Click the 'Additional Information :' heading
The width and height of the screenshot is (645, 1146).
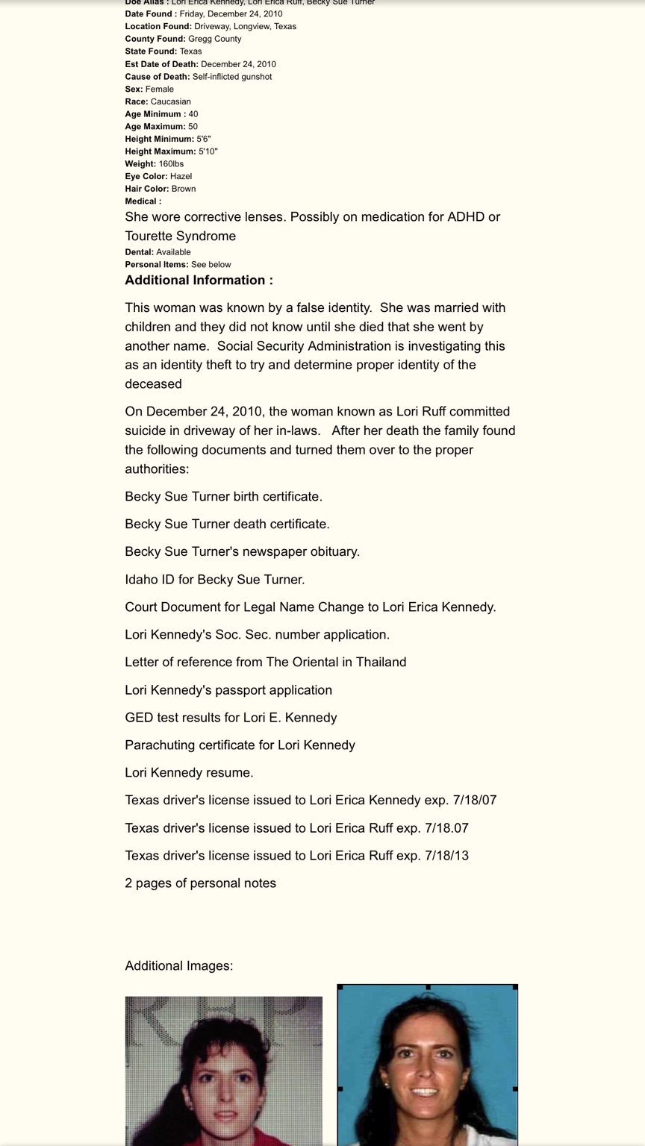click(199, 281)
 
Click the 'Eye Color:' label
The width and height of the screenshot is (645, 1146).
click(146, 177)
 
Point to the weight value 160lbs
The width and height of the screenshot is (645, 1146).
click(171, 164)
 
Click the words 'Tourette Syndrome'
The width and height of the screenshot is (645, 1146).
click(180, 237)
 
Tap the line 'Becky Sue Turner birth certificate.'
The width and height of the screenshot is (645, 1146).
click(223, 497)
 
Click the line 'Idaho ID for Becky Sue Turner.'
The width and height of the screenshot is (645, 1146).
click(214, 580)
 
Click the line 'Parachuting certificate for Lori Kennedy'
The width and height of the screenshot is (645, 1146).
click(240, 745)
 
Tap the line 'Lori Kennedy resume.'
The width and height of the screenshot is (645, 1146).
click(189, 773)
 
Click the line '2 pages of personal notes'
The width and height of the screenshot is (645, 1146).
click(200, 883)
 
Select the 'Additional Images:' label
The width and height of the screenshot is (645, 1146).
click(178, 966)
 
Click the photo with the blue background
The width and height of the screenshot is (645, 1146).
click(427, 1065)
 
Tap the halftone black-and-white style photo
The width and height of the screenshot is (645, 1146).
click(223, 1071)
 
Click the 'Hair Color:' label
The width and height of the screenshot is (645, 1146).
click(147, 189)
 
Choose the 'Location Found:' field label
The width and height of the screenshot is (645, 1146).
click(158, 27)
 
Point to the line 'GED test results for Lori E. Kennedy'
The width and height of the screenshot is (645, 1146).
click(231, 718)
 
